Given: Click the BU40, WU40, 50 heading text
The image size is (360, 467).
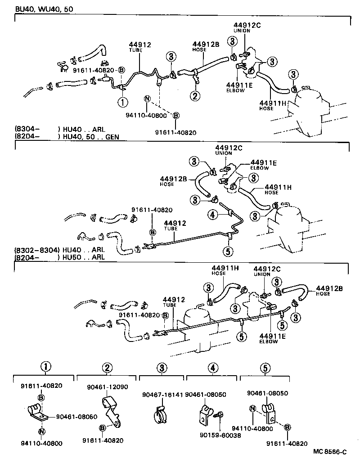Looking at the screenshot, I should tap(40, 9).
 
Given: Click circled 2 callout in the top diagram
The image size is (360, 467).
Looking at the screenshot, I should tap(195, 95).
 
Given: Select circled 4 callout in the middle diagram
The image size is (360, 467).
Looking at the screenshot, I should tap(212, 215).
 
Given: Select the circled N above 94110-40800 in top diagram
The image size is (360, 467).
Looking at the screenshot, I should tap(147, 99).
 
